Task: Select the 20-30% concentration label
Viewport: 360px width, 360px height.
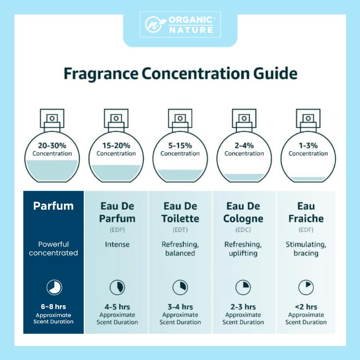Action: point(52,145)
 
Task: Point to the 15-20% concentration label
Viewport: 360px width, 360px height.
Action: point(116,145)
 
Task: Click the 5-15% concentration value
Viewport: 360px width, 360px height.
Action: point(180,145)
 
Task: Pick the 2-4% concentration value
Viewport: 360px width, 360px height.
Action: point(244,145)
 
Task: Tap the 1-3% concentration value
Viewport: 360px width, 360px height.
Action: point(308,145)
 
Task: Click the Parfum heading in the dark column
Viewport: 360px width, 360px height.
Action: point(53,206)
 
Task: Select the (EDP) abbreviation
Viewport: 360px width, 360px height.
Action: point(117,229)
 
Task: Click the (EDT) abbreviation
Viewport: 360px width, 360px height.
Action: point(180,229)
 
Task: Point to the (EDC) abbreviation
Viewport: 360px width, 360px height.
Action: point(243,229)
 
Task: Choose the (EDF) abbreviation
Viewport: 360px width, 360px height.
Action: point(306,229)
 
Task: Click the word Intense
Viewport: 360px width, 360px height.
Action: point(117,245)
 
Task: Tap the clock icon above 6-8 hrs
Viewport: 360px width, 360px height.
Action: point(54,288)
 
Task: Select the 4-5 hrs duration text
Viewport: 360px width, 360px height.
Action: point(117,307)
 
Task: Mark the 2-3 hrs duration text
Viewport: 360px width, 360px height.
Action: point(243,307)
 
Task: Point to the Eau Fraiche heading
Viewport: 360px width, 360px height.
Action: point(306,212)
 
